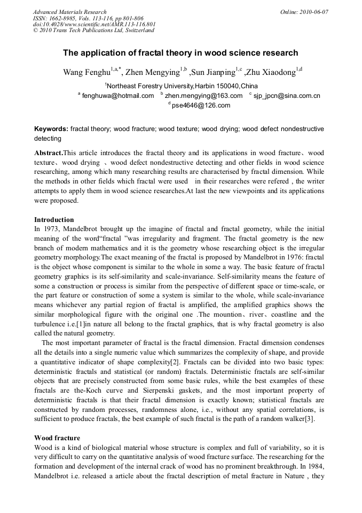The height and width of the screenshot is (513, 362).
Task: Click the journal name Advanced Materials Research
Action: [x=69, y=12]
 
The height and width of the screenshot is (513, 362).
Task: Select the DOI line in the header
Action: [x=94, y=24]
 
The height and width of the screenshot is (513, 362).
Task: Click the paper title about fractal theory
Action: [x=180, y=53]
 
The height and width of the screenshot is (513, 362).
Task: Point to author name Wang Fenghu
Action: [x=86, y=72]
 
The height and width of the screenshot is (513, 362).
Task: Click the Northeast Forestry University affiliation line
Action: [x=181, y=86]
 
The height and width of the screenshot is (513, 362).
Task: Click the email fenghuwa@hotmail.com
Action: [x=118, y=96]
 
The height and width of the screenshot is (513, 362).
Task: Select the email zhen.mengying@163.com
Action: [x=203, y=96]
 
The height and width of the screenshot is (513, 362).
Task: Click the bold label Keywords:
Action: [x=51, y=129]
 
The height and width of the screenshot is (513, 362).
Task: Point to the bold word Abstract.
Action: [x=48, y=153]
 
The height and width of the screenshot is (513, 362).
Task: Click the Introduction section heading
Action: [x=54, y=219]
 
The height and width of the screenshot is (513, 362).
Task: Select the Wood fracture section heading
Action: [x=57, y=438]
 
